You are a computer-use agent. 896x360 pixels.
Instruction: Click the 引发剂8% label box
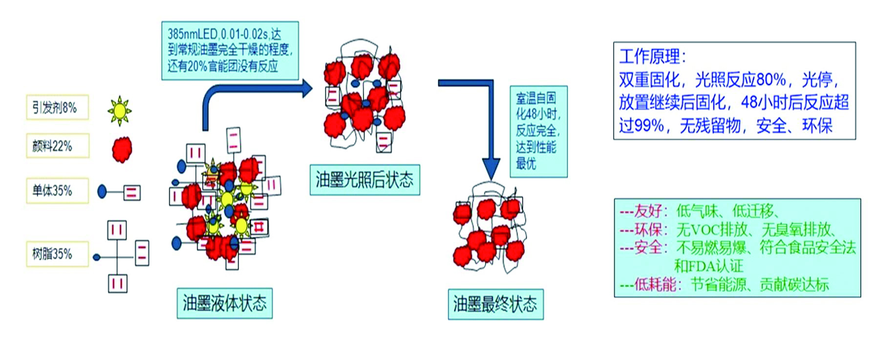[x=57, y=107]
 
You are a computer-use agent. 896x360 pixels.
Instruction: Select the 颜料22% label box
[x=57, y=146]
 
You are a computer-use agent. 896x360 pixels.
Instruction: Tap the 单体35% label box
[x=57, y=191]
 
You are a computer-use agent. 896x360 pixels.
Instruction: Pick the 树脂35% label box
[x=57, y=254]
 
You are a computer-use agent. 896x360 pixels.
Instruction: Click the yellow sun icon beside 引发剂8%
[x=119, y=111]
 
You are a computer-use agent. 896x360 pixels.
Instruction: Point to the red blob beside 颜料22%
[x=122, y=149]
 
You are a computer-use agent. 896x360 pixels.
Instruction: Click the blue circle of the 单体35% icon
[x=102, y=191]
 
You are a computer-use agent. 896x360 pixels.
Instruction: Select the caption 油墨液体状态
[x=224, y=303]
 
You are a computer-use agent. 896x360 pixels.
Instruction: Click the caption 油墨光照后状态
[x=364, y=180]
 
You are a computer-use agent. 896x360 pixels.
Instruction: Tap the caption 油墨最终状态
[x=495, y=304]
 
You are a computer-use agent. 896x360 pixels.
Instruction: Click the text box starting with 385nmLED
[x=230, y=50]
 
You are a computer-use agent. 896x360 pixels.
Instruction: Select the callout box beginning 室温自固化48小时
[x=538, y=131]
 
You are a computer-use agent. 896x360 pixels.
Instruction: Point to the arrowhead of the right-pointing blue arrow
[x=307, y=88]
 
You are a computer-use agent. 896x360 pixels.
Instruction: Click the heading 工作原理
[x=652, y=57]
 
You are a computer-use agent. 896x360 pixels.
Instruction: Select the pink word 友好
[x=648, y=211]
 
